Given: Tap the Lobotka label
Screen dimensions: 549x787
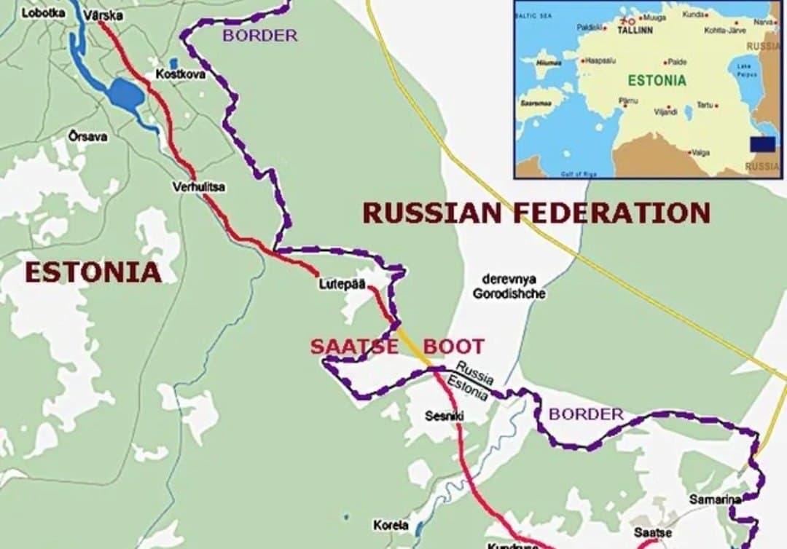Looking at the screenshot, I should pos(43,12).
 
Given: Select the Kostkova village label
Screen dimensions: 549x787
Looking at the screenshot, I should pos(180,74).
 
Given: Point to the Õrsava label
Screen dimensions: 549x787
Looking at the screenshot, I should pos(87,136).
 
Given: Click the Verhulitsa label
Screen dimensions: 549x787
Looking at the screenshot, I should pos(199,187).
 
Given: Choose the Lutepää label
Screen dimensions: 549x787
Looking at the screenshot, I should pos(341,284).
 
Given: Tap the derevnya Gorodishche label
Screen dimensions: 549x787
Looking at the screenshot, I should pos(509,286).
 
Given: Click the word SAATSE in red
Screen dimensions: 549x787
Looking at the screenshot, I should pos(354,347).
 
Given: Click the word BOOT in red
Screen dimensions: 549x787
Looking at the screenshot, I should pos(453,347).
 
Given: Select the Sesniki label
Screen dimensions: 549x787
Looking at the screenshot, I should pos(445,416).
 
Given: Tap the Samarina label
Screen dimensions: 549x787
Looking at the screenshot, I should pos(714,499).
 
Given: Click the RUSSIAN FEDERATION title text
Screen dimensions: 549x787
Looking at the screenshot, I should pos(536,213).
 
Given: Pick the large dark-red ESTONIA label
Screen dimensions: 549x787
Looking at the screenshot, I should pos(93,272).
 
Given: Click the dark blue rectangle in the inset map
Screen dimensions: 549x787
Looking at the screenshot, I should pos(762,144).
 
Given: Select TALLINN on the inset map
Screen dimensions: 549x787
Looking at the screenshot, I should pos(635,31).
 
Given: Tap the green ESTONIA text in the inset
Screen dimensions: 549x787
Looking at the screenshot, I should pos(657,80).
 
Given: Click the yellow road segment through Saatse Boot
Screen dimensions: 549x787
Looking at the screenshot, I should pos(415,348).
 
